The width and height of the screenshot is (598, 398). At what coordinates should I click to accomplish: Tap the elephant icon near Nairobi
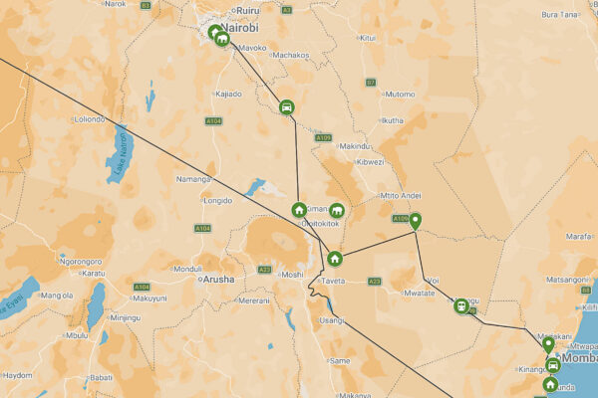tap(221, 40)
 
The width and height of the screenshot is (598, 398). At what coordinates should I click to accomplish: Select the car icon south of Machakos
tap(287, 107)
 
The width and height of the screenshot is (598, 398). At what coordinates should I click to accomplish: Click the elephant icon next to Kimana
tap(337, 211)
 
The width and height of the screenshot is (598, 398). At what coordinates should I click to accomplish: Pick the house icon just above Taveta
tap(335, 260)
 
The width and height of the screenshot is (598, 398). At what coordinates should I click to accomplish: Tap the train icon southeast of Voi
tap(461, 305)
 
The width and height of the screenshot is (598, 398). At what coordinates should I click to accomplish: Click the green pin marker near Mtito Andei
tap(416, 221)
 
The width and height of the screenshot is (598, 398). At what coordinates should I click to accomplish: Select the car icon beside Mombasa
tap(552, 366)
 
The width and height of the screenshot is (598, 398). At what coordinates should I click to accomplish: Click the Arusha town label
tap(218, 280)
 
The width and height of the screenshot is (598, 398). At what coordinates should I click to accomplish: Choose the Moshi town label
tap(292, 275)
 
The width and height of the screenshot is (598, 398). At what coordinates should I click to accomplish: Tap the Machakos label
tap(290, 55)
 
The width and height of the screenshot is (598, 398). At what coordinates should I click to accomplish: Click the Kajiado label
tap(229, 94)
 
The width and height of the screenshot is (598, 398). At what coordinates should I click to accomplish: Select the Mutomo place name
tap(400, 95)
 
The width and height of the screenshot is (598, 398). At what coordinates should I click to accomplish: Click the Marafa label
tap(580, 237)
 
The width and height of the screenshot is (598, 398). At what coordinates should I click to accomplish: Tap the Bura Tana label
tap(559, 15)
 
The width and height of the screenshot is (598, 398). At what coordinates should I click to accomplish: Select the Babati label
tap(101, 377)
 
